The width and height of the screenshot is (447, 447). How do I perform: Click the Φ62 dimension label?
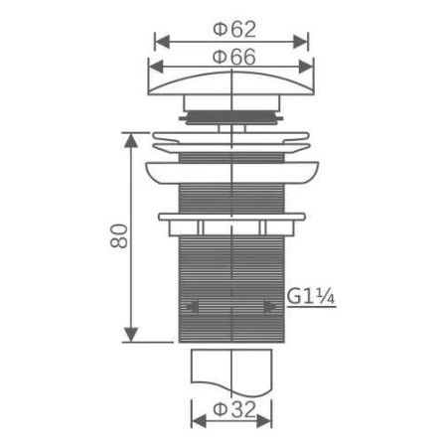pos(231,29)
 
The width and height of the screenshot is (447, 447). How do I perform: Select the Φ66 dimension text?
pos(231,58)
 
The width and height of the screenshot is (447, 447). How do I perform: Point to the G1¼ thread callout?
pos(310,297)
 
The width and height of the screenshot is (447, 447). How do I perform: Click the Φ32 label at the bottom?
pos(232,409)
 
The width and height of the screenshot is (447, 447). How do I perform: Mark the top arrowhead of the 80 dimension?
pos(128,136)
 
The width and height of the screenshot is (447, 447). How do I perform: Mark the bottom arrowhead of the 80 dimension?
pos(128,338)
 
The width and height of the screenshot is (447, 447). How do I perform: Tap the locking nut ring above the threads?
pos(231,218)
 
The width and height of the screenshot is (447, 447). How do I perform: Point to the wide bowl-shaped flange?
pos(231,171)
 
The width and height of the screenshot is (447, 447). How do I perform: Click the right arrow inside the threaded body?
pos(269,308)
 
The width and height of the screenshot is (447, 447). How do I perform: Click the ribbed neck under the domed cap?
pos(231,112)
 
